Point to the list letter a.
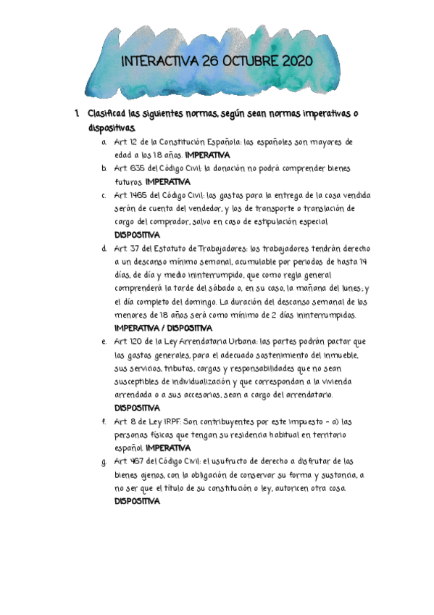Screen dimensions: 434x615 pos(104,142)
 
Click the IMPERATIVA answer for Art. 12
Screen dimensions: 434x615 pos(207,155)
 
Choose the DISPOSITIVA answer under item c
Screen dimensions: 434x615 pos(138,235)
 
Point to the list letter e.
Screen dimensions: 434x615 pos(104,342)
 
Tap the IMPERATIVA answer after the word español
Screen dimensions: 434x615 pos(168,448)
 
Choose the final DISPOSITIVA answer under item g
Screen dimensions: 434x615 pos(138,501)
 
